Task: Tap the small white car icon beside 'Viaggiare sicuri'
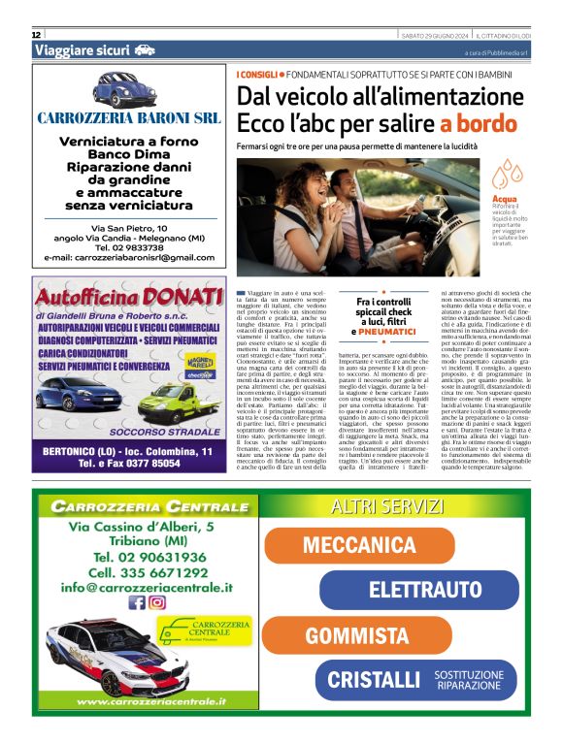[x=145, y=49]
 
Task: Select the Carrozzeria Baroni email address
[x=129, y=257]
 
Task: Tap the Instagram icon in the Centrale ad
[x=156, y=602]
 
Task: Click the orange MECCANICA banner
[x=359, y=544]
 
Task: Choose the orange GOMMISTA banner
[x=358, y=635]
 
